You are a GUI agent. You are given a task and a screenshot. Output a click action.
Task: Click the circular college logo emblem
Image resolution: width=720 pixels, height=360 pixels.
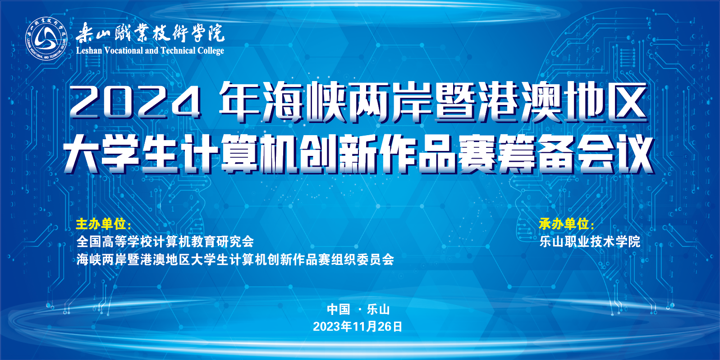46,39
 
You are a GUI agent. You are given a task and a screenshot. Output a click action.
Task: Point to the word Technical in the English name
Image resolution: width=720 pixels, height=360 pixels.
178,51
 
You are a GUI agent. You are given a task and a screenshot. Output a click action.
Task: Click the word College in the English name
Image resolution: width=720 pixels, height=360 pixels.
211,51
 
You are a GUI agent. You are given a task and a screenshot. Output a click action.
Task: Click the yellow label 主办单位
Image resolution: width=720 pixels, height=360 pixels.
101,224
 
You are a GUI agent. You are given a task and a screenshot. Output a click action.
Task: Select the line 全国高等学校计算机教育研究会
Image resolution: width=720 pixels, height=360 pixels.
165,242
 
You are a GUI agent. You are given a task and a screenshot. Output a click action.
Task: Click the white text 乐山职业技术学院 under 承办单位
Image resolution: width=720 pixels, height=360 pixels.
590,242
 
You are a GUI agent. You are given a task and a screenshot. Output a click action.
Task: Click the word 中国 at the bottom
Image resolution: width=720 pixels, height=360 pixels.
339,310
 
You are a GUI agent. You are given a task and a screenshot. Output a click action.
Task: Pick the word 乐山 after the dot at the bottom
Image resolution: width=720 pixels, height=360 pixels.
378,310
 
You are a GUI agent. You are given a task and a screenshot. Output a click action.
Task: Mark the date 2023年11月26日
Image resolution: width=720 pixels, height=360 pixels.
358,327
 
